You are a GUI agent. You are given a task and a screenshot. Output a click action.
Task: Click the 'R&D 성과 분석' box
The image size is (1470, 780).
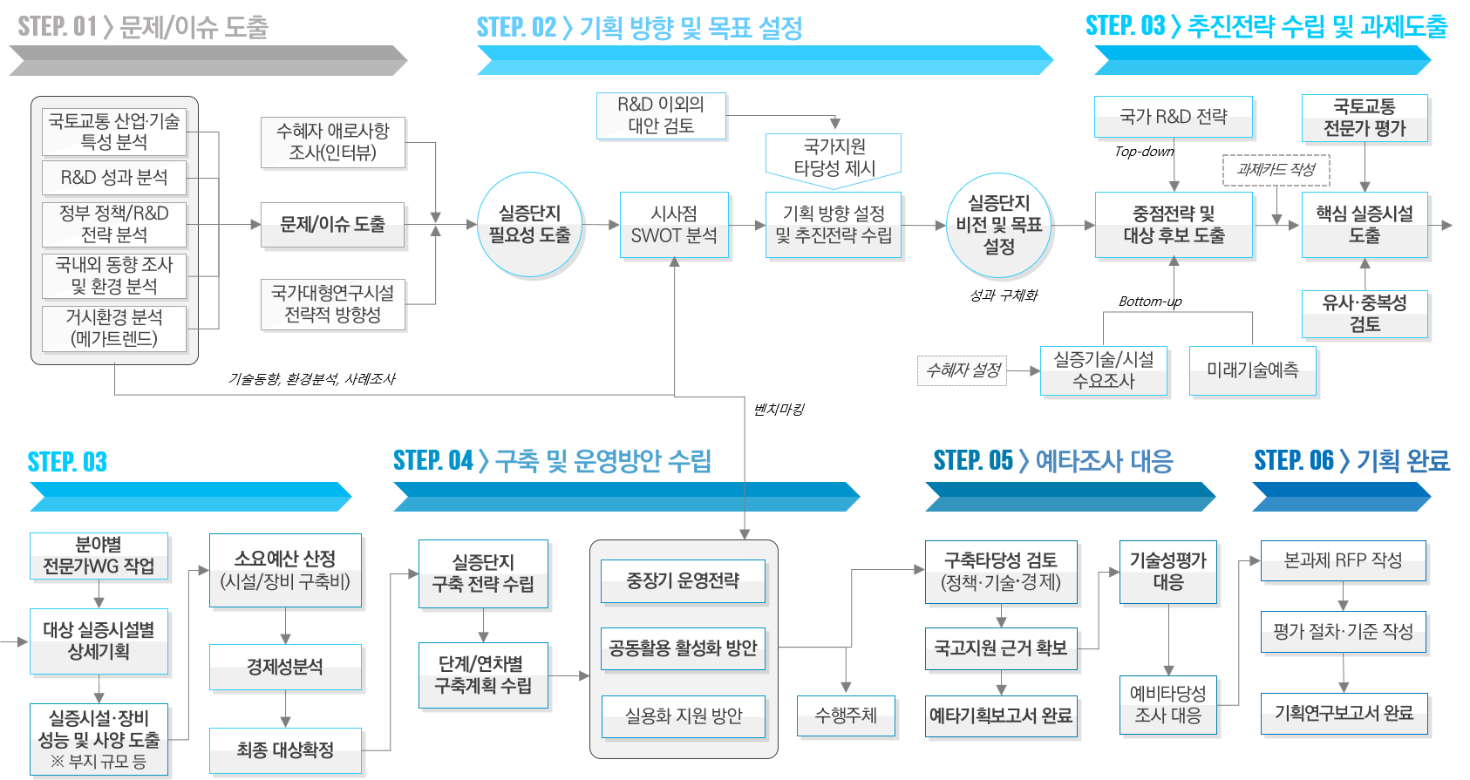pos(114,178)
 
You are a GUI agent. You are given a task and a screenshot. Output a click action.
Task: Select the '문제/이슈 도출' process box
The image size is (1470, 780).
pos(332,225)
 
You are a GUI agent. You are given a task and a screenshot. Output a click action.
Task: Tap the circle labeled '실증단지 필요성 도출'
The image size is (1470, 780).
pos(529,225)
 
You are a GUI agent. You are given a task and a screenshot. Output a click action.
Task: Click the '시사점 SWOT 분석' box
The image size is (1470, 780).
pos(674,225)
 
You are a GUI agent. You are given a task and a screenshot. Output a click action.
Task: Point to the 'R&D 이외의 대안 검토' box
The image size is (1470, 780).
pos(661,115)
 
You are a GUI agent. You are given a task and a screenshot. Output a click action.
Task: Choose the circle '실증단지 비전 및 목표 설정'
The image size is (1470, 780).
pos(998,225)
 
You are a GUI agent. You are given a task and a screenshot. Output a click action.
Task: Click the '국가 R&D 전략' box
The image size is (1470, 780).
pos(1173,117)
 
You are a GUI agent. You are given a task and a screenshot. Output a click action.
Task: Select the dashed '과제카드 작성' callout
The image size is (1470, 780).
pos(1276,170)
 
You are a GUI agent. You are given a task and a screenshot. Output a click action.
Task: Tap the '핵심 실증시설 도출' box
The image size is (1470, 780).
pos(1365,225)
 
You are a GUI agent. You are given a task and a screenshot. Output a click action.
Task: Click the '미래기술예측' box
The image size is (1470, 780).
pos(1252,370)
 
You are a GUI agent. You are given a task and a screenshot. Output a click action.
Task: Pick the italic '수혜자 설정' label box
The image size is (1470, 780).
pos(963,370)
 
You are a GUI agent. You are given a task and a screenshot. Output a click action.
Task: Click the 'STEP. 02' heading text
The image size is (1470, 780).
pos(516,28)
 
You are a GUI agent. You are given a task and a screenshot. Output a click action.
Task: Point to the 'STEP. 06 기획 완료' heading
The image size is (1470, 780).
pos(1351,460)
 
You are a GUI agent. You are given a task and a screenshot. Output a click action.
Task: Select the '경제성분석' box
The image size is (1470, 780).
pos(285,668)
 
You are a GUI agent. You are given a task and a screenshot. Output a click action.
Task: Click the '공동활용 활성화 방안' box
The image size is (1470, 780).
pos(683,648)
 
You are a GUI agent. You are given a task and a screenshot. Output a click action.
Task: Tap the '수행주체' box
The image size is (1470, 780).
pos(846,716)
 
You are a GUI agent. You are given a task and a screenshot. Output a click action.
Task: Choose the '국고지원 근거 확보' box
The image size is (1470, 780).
pos(1001,648)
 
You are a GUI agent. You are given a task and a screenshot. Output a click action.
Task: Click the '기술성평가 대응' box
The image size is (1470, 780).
pos(1167,572)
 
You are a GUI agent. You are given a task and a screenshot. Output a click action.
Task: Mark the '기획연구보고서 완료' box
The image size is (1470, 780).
pos(1344,714)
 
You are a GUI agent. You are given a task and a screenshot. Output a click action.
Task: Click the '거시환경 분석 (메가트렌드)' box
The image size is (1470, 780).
pos(114,329)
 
